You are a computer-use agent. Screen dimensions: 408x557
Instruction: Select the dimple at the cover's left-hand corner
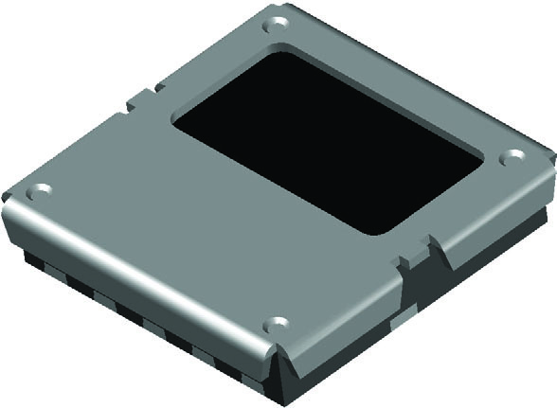(x=38, y=192)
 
